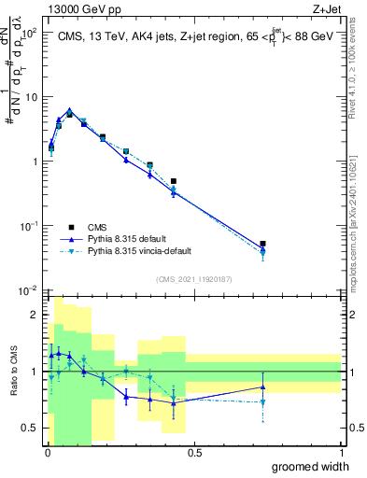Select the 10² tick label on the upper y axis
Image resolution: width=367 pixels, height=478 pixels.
[x=28, y=32]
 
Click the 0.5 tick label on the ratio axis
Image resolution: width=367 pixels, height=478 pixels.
[x=30, y=428]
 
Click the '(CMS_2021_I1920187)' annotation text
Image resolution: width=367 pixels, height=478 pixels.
[x=193, y=280]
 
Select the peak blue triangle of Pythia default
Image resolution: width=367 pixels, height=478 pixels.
[x=69, y=110]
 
